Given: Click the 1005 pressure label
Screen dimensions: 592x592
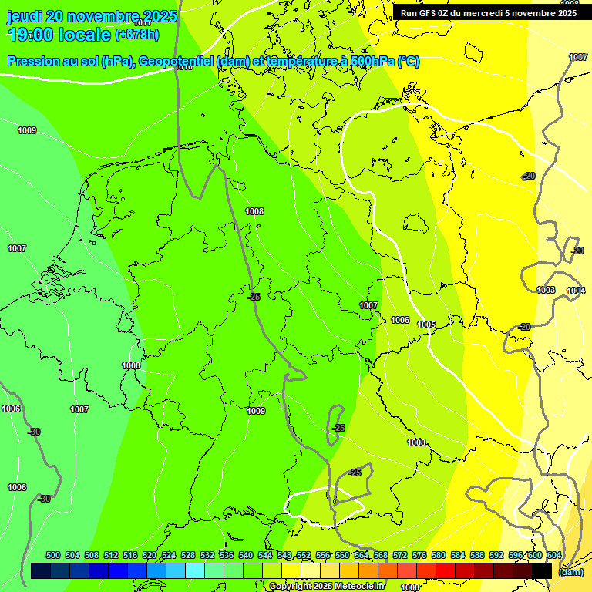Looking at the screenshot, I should (x=427, y=325).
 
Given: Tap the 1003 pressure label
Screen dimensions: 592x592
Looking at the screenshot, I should (x=546, y=290).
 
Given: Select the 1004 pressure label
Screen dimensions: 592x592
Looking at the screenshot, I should (x=576, y=291).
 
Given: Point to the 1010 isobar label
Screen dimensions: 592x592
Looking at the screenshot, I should (x=183, y=67).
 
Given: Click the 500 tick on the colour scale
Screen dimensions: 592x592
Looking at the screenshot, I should (x=53, y=555).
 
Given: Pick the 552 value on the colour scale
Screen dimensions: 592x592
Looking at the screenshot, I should (x=304, y=555).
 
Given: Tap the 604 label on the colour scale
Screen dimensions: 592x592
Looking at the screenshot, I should (x=554, y=555).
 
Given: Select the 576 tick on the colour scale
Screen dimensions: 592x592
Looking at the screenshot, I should (x=419, y=555).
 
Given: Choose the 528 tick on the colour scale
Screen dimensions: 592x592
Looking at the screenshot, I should (x=188, y=555).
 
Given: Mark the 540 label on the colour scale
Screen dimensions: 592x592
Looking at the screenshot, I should (x=246, y=555).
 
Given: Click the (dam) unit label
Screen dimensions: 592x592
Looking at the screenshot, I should (x=570, y=571).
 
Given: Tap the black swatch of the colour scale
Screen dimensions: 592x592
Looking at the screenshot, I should (x=542, y=570).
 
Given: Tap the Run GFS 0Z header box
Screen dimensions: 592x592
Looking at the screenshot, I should (x=489, y=12).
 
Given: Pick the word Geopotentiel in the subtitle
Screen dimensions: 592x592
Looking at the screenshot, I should (x=177, y=62).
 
